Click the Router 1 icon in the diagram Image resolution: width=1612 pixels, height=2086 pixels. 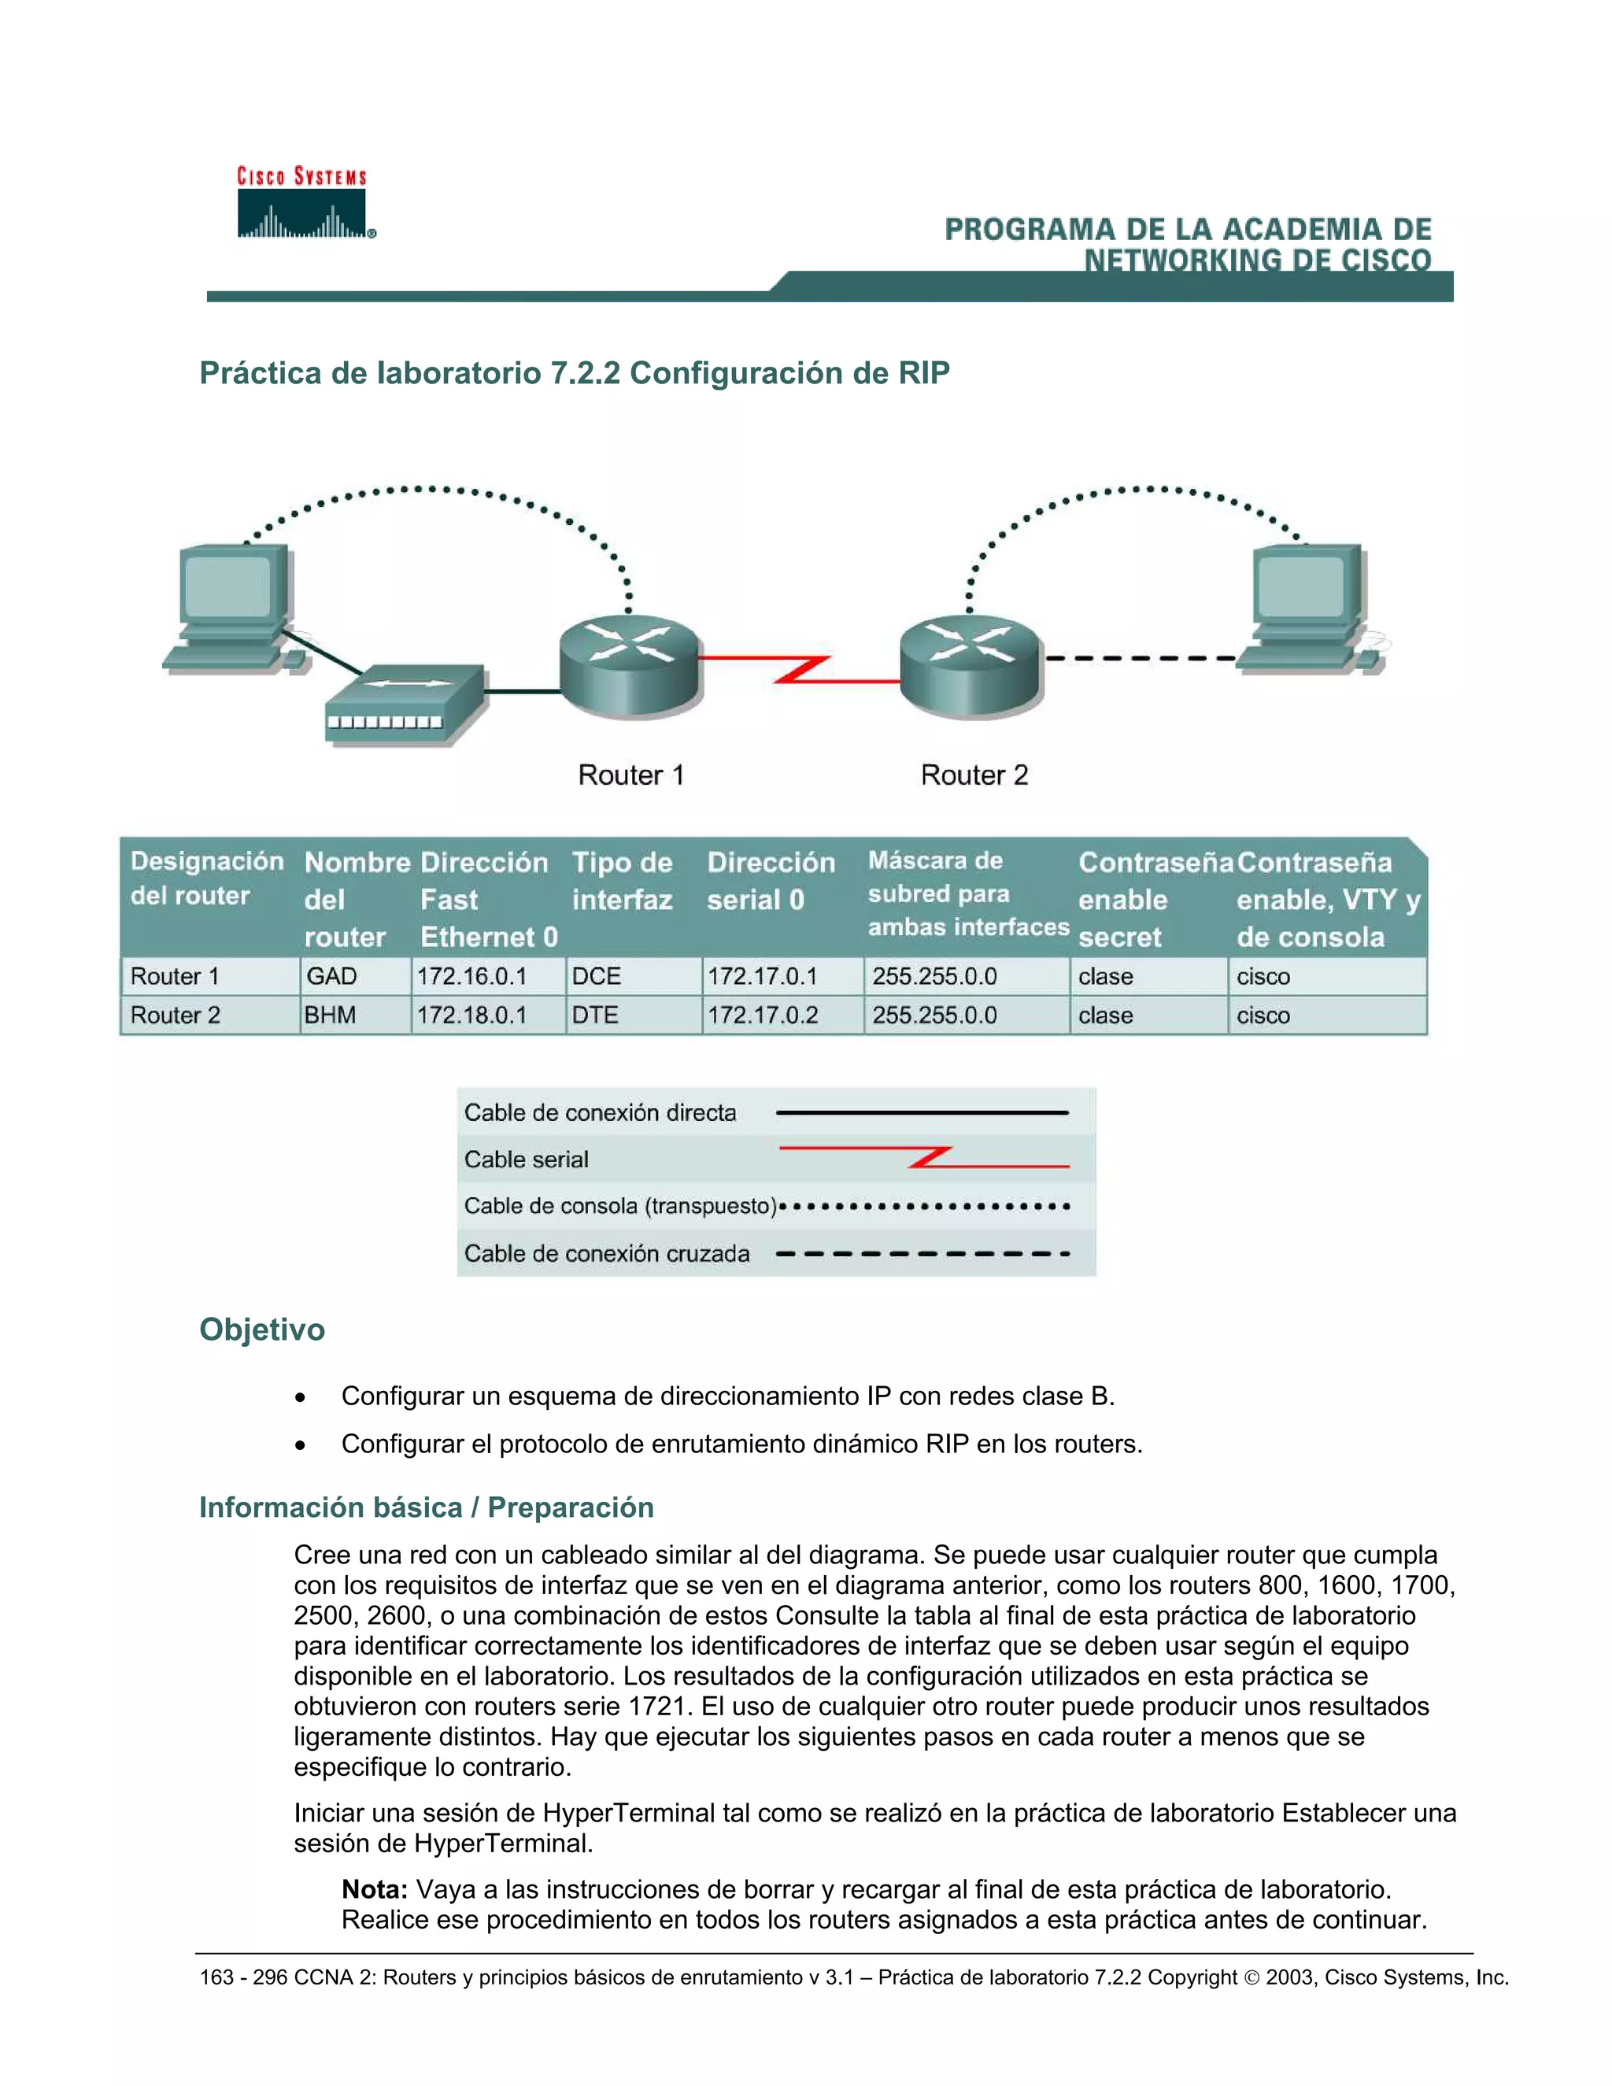point(630,666)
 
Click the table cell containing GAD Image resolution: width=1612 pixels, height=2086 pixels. point(331,976)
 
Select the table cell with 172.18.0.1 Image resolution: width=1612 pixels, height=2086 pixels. point(471,1015)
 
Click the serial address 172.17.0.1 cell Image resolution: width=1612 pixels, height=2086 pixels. point(762,976)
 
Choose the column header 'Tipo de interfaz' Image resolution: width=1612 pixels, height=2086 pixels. point(622,881)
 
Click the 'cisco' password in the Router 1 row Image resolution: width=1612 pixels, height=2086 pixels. point(1263,976)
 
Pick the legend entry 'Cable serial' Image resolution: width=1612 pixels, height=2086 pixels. point(527,1160)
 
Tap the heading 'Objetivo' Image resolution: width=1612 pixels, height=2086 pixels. point(261,1330)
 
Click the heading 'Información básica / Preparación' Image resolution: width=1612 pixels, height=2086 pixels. point(426,1507)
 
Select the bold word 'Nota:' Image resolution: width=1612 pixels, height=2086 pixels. point(375,1889)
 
